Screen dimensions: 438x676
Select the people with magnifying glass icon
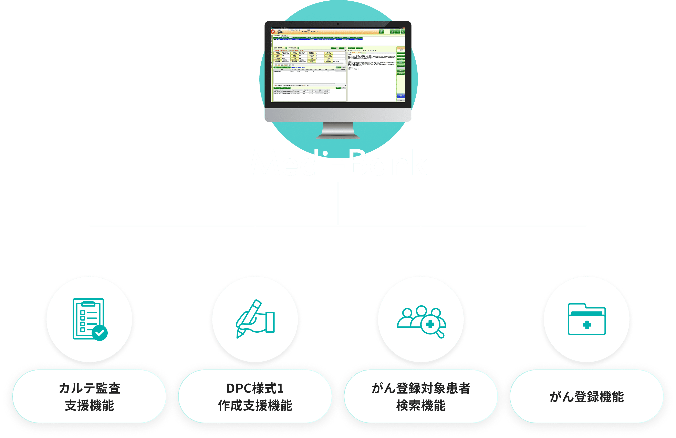[421, 321]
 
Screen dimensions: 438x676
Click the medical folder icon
[586, 319]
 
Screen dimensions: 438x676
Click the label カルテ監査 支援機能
[90, 397]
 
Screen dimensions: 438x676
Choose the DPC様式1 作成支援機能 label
[255, 397]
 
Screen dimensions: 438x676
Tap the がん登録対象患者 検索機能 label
[421, 397]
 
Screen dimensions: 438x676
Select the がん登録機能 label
[586, 397]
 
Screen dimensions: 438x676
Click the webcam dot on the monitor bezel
[338, 24]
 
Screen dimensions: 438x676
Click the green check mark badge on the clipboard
[100, 333]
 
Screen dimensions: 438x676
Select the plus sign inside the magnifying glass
[430, 324]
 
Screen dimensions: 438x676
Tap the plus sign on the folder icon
[587, 325]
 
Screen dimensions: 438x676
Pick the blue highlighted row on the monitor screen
[318, 39]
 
